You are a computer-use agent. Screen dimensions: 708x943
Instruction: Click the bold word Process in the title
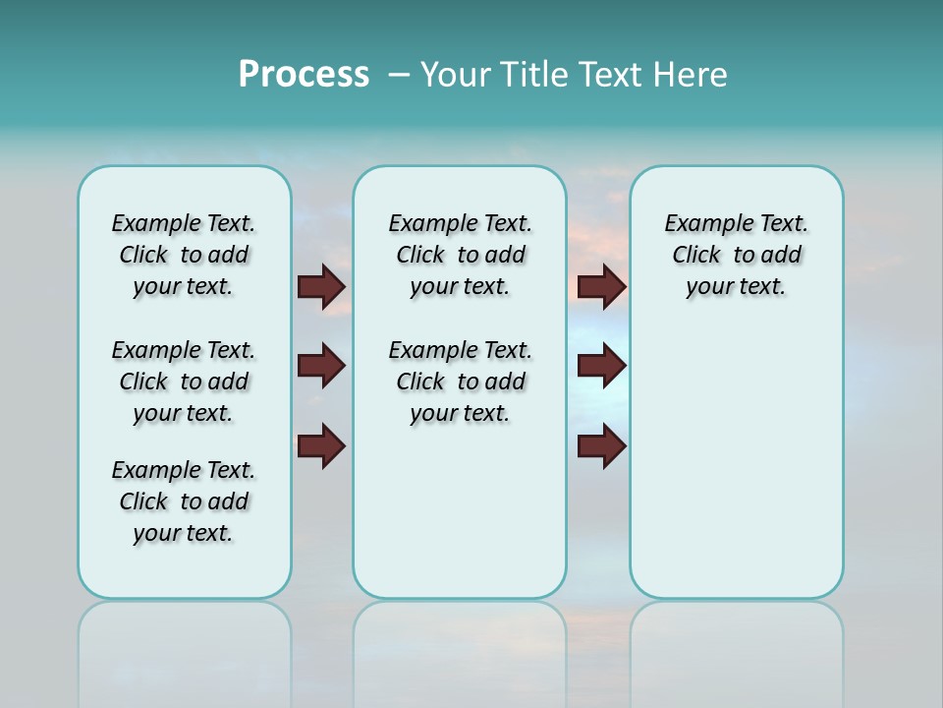point(304,75)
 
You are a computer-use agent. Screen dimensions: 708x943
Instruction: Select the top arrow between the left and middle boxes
point(321,286)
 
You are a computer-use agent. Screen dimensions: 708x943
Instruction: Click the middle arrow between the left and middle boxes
point(321,367)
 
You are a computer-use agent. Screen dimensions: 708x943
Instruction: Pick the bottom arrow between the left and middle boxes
point(321,446)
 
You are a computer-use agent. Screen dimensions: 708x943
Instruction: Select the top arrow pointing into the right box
point(601,286)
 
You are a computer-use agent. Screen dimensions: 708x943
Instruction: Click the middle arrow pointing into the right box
point(601,367)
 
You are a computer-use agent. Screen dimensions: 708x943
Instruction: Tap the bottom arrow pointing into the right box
point(601,446)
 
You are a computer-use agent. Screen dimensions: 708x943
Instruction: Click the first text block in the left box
point(184,255)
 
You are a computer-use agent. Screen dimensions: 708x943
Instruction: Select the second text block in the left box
point(184,382)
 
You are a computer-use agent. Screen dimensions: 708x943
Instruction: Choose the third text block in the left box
point(184,501)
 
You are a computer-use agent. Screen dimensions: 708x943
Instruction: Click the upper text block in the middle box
point(460,255)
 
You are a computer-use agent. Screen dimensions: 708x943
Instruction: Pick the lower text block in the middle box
point(460,382)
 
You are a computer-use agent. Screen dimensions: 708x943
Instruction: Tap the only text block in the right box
point(736,255)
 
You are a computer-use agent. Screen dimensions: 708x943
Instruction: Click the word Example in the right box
point(700,224)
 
